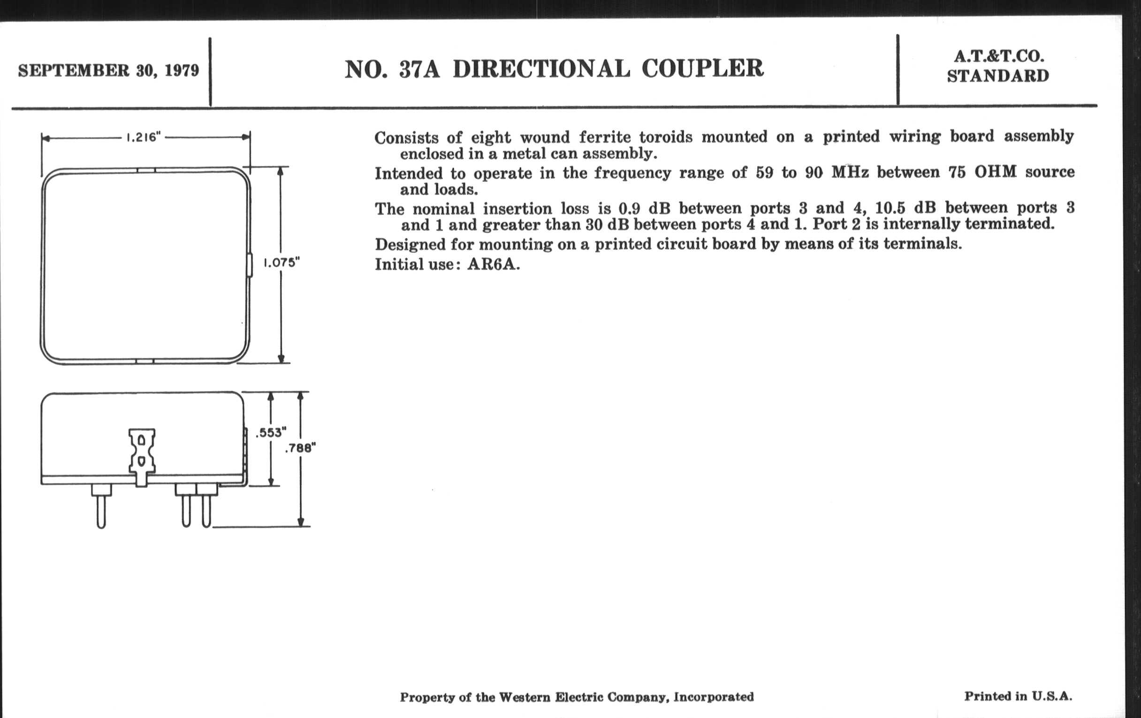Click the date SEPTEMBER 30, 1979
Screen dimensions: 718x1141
click(x=108, y=70)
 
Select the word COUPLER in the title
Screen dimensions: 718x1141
click(x=702, y=69)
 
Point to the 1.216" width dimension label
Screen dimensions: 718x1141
click(x=143, y=137)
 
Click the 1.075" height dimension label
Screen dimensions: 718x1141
click(x=282, y=262)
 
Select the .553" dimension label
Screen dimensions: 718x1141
click(x=271, y=432)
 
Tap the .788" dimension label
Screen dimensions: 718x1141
click(x=300, y=448)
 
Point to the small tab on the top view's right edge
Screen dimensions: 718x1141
click(x=249, y=266)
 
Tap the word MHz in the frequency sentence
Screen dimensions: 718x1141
click(x=850, y=172)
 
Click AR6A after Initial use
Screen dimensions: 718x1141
click(x=493, y=264)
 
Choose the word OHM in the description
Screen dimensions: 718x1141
click(x=995, y=172)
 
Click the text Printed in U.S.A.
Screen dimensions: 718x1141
click(x=1018, y=696)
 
